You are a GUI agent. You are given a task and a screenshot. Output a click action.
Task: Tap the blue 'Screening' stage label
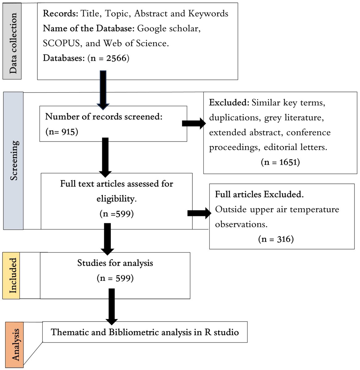tap(13, 161)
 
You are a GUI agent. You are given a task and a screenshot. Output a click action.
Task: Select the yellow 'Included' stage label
tap(11, 276)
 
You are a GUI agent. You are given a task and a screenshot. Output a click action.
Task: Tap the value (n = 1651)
tap(280, 162)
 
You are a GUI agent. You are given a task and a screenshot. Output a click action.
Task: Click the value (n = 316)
tap(276, 239)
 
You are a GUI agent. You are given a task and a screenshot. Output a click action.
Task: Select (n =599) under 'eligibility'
tap(116, 214)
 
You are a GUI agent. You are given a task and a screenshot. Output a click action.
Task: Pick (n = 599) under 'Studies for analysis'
tap(115, 278)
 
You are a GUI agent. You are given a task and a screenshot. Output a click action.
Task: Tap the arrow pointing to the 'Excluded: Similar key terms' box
tap(194, 124)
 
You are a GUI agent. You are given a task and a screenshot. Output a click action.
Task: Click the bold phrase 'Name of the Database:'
tap(89, 28)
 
